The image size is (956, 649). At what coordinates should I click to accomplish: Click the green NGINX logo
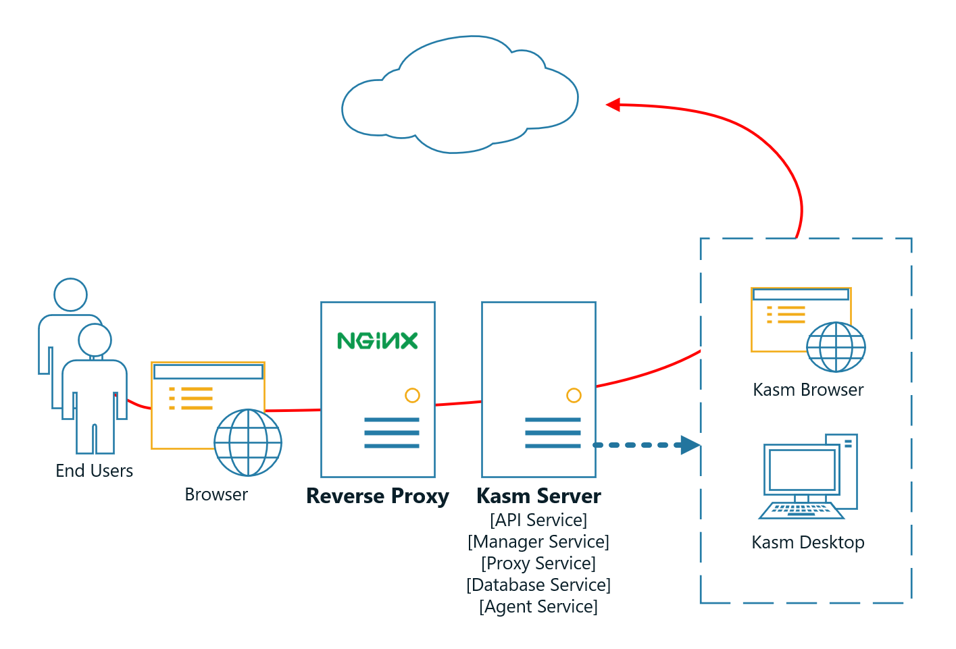[x=377, y=340]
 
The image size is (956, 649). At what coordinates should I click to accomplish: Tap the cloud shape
[x=459, y=98]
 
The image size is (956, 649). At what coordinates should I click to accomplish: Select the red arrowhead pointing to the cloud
[x=613, y=105]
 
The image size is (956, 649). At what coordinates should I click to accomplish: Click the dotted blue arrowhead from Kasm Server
[x=690, y=445]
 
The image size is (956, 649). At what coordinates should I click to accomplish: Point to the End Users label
[x=94, y=471]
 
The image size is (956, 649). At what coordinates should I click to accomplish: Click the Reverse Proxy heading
[x=377, y=496]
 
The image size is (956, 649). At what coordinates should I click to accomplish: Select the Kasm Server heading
[x=538, y=496]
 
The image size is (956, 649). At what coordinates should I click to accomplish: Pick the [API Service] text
[x=538, y=520]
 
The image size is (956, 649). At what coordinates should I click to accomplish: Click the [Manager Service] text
[x=538, y=542]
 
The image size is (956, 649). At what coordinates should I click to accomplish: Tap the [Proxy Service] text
[x=538, y=563]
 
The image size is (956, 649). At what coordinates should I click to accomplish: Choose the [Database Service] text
[x=538, y=585]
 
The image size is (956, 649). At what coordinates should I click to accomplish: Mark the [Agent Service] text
[x=538, y=606]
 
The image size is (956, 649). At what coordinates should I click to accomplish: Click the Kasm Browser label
[x=808, y=390]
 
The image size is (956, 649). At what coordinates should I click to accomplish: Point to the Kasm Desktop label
[x=808, y=542]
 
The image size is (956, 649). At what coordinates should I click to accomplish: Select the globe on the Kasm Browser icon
[x=836, y=347]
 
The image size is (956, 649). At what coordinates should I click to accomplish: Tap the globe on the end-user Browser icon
[x=248, y=442]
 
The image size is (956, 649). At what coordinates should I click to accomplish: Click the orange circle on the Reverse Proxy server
[x=412, y=396]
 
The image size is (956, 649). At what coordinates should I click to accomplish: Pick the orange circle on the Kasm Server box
[x=574, y=396]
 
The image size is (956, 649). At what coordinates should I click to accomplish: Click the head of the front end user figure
[x=95, y=340]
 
